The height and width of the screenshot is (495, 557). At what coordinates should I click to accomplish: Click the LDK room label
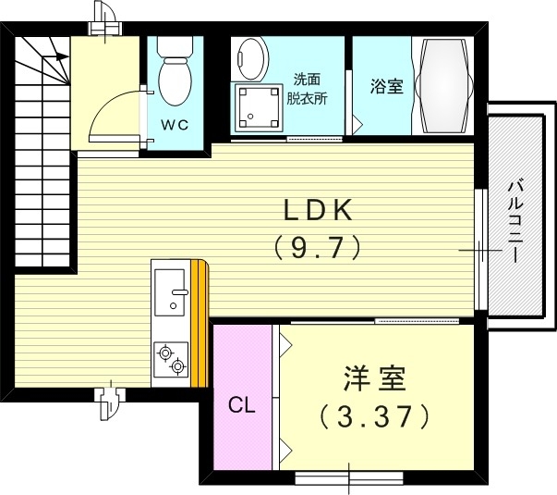pyautogui.click(x=317, y=212)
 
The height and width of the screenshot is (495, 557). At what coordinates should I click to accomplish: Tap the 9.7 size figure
pyautogui.click(x=317, y=247)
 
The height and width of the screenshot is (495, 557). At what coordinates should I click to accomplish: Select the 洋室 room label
pyautogui.click(x=374, y=379)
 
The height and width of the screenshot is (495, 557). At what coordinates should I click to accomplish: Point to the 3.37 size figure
pyautogui.click(x=374, y=415)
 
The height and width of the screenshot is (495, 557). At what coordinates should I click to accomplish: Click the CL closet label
pyautogui.click(x=242, y=404)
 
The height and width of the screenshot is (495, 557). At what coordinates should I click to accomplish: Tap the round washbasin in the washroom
pyautogui.click(x=249, y=56)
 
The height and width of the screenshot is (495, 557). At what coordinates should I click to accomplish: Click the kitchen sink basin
pyautogui.click(x=171, y=292)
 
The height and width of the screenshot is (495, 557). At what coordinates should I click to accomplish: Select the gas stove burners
pyautogui.click(x=170, y=359)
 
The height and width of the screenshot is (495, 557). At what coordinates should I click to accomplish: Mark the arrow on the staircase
pyautogui.click(x=57, y=56)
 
